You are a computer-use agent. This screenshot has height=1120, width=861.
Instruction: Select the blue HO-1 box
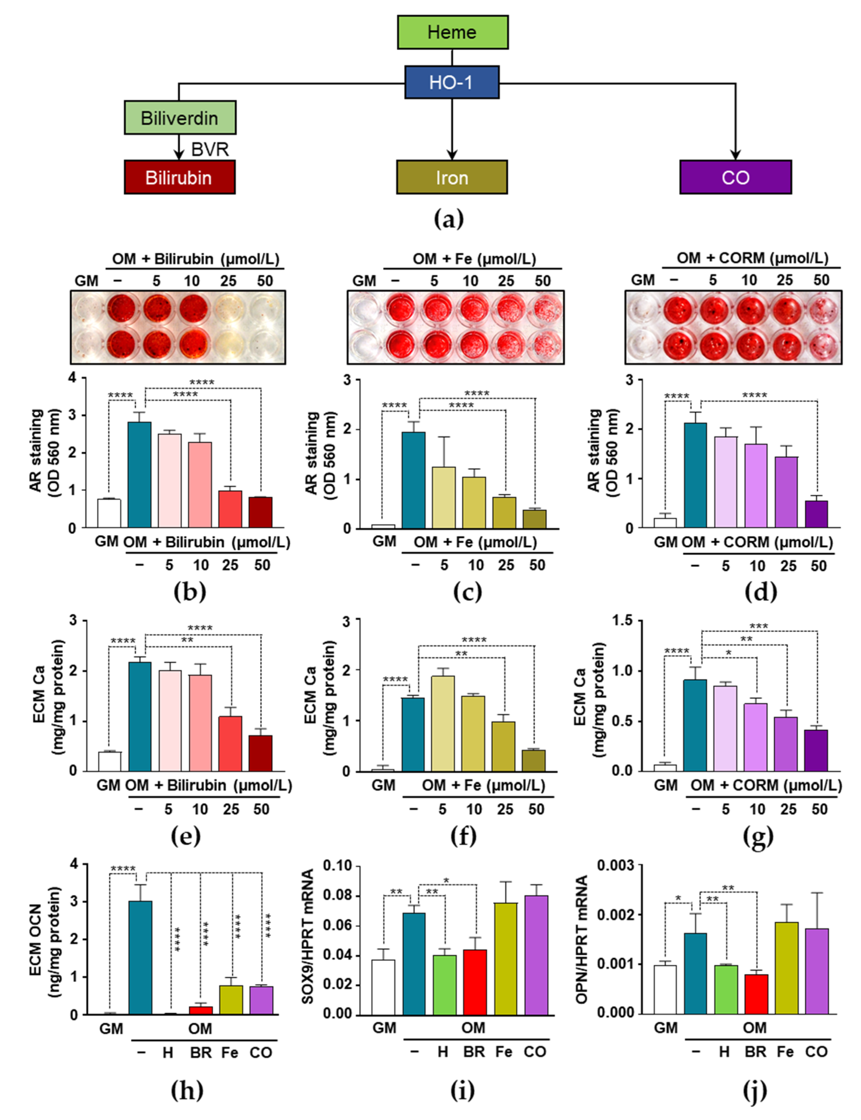452,82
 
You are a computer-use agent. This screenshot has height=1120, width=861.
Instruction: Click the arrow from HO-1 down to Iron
452,128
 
